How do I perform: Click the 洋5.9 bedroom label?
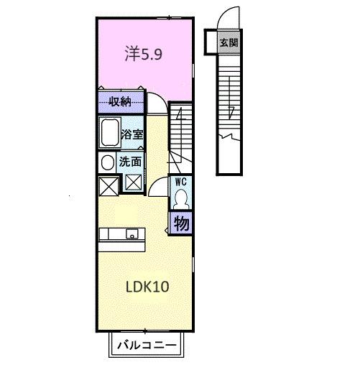(x=148, y=55)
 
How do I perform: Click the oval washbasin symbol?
(x=107, y=162)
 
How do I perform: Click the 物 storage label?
(x=182, y=223)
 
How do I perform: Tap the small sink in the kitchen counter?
(x=132, y=233)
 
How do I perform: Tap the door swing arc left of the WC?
(x=159, y=187)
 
